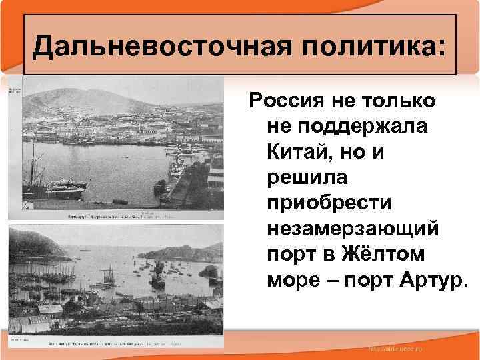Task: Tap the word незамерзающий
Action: pos(353,228)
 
